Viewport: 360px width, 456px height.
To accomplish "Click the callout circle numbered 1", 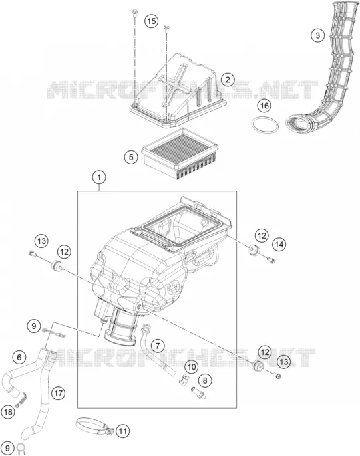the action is click(99, 177).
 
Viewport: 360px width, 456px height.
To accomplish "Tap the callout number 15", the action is click(152, 21).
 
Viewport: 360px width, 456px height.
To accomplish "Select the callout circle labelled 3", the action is click(317, 35).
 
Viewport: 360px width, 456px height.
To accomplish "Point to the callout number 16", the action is click(264, 105).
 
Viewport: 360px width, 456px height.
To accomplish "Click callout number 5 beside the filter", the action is click(131, 157).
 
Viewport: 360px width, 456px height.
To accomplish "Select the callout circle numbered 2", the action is click(228, 79).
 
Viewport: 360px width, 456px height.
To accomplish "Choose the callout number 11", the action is click(123, 431).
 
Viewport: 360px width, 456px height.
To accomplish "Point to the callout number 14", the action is click(279, 245).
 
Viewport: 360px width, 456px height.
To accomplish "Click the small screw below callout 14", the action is click(271, 260).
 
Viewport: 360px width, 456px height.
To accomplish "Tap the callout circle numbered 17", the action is click(58, 394).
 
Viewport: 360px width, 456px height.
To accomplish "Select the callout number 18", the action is click(8, 412).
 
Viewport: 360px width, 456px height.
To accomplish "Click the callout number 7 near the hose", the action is click(158, 346).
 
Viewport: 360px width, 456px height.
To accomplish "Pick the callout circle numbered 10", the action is click(191, 366).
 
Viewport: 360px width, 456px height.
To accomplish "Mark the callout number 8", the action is click(205, 380).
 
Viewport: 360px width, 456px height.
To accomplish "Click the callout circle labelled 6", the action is click(19, 357).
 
